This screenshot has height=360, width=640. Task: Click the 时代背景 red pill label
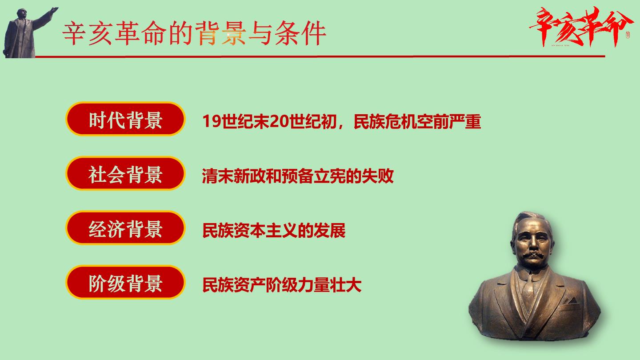pyautogui.click(x=125, y=119)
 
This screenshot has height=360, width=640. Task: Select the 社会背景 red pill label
pyautogui.click(x=125, y=173)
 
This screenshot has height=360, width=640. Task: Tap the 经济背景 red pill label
pyautogui.click(x=125, y=228)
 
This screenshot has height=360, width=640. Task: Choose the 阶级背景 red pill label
pyautogui.click(x=125, y=283)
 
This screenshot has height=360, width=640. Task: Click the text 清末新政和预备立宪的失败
pyautogui.click(x=298, y=176)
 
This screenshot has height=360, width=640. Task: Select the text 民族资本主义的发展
pyautogui.click(x=274, y=230)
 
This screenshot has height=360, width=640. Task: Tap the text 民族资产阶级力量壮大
pyautogui.click(x=282, y=285)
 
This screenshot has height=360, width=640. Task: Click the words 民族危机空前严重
pyautogui.click(x=417, y=121)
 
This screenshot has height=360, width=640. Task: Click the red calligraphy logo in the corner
pyautogui.click(x=580, y=27)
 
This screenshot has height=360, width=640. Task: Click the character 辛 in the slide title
pyautogui.click(x=75, y=33)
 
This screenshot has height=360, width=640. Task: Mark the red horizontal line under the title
pyautogui.click(x=320, y=56)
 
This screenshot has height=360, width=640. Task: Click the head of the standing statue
pyautogui.click(x=21, y=13)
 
